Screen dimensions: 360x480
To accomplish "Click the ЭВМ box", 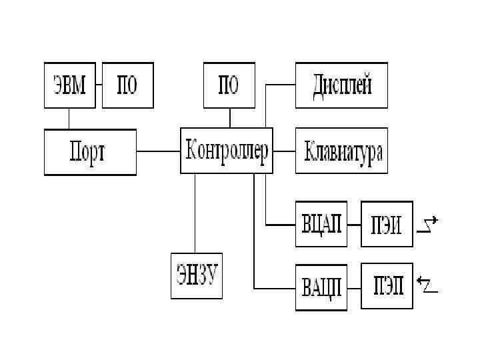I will [x=69, y=85].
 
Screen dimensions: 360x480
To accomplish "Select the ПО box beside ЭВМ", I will [x=127, y=85].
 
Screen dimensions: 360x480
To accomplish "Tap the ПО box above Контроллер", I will [x=229, y=85].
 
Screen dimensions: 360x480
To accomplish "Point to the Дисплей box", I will [x=341, y=85].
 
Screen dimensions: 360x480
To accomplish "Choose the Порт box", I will [x=90, y=152].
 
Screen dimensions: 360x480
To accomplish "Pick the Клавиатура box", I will [x=341, y=152].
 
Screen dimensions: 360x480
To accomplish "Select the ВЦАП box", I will [x=321, y=224].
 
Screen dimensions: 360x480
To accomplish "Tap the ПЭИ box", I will [x=387, y=224].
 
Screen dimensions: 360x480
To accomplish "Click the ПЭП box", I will [x=387, y=286].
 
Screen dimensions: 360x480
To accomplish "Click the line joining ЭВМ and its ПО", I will [x=99, y=85].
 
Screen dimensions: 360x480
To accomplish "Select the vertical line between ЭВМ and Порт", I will [x=69, y=119].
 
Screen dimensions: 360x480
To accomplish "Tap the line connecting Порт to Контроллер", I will [x=159, y=152].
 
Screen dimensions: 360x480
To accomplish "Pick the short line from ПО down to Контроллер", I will [x=230, y=118].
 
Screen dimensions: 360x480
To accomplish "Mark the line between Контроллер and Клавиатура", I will [x=284, y=151].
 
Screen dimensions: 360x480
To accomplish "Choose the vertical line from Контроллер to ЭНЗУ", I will [x=195, y=213].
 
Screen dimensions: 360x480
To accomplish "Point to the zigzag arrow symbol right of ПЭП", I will [x=427, y=285].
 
